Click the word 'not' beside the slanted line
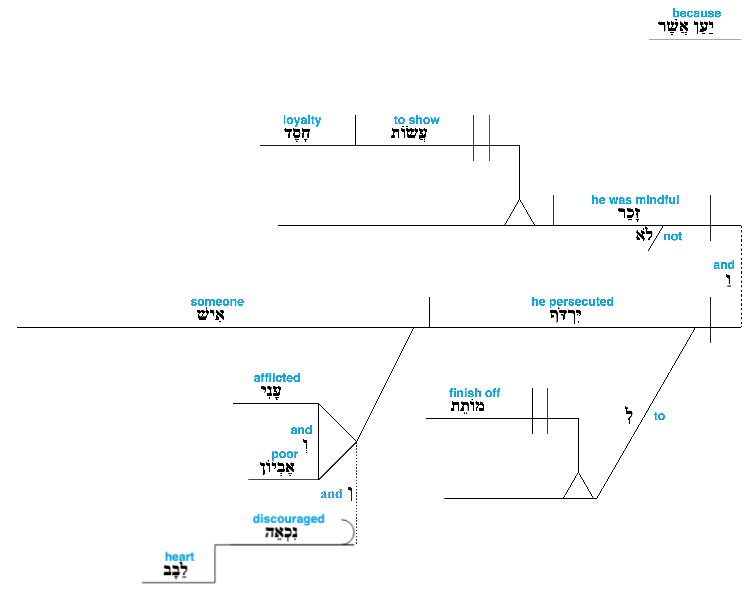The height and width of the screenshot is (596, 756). click(673, 237)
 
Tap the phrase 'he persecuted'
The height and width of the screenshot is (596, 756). click(572, 302)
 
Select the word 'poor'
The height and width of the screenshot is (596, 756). click(285, 454)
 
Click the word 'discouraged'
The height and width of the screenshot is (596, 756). click(288, 519)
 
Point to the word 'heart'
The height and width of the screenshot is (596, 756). click(179, 557)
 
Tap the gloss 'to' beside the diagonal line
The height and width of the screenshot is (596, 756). click(659, 416)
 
